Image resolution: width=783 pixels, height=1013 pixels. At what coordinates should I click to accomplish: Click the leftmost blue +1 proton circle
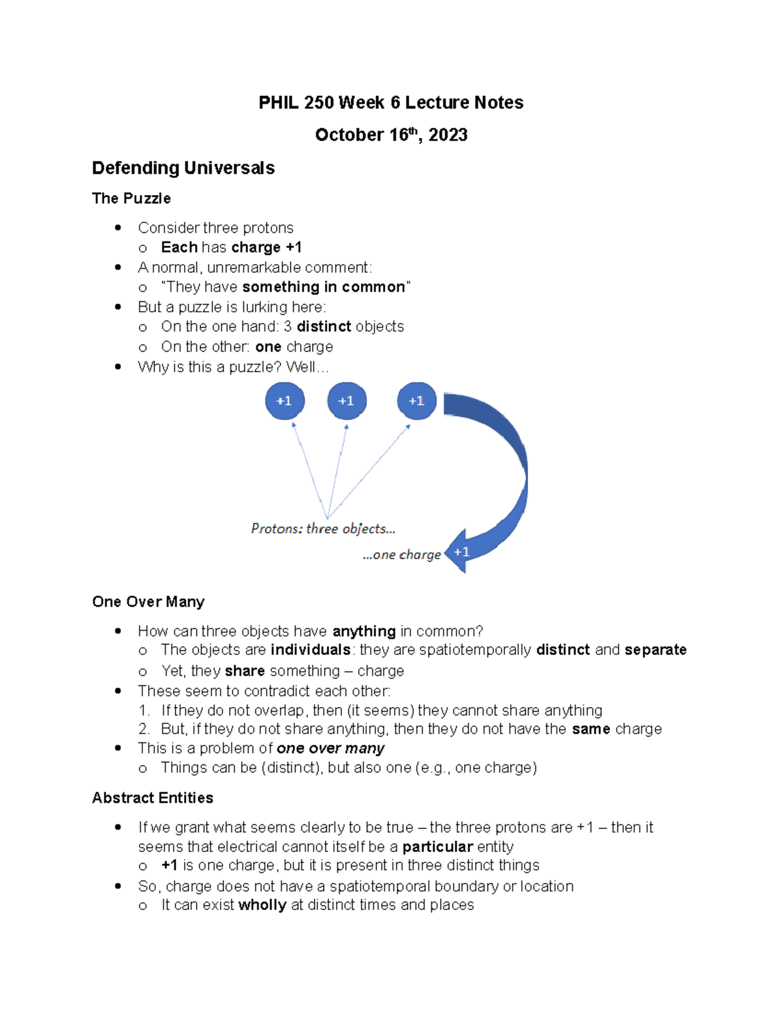284,401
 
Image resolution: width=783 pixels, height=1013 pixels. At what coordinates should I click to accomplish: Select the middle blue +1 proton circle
346,401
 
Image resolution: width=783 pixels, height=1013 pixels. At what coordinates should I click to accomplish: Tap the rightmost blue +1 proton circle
416,401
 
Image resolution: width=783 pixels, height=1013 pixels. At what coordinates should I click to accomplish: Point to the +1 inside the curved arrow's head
462,552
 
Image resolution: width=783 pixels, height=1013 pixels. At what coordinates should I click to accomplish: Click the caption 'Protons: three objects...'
323,528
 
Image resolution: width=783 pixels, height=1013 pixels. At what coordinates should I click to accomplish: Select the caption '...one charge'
402,554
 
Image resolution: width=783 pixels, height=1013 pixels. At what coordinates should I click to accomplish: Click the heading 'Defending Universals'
183,168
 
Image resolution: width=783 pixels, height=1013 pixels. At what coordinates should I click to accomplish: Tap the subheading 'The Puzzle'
131,198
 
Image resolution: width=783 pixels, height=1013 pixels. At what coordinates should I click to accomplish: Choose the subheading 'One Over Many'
148,601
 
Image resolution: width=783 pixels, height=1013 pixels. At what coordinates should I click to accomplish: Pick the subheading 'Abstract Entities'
153,798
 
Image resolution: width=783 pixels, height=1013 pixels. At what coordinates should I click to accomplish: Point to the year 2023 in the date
448,135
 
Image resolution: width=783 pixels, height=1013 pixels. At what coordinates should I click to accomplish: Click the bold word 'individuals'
311,650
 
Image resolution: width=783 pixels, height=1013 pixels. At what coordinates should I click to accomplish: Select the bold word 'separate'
655,650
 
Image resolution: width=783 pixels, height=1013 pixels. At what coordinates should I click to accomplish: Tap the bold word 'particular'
437,847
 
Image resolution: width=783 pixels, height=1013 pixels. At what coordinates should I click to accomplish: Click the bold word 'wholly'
262,905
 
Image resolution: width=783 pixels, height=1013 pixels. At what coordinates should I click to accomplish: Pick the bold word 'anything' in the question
364,631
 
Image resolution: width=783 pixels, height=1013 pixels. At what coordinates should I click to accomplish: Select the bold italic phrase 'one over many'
330,748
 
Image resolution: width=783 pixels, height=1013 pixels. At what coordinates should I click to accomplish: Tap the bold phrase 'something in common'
324,287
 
